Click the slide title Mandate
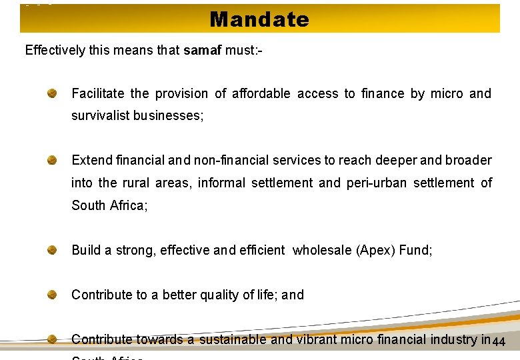(x=259, y=19)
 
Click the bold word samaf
(x=203, y=50)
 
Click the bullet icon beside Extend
(x=51, y=160)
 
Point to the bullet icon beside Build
(x=51, y=251)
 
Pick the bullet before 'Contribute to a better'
(x=51, y=295)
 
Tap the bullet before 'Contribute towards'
(x=51, y=339)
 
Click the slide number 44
(x=499, y=343)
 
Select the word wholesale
(x=323, y=251)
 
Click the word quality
(x=219, y=295)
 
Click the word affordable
(x=261, y=93)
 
